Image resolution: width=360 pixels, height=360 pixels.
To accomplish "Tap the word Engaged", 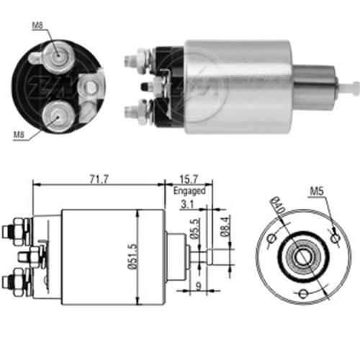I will pos(191,191).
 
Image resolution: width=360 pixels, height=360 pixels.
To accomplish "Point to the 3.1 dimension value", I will pos(186,204).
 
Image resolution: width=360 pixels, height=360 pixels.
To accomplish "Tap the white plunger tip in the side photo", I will pos(354,88).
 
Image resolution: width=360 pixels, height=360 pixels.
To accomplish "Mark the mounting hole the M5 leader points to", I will pos(335,235).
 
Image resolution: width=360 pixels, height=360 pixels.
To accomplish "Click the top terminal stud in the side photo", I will pos(133,55).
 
